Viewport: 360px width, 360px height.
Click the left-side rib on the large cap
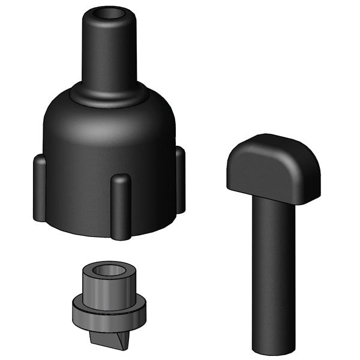[x=39, y=186]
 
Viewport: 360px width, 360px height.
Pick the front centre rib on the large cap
[x=121, y=207]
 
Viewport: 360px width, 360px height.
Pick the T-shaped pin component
[x=273, y=240]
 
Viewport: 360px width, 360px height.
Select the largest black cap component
[x=108, y=150]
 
